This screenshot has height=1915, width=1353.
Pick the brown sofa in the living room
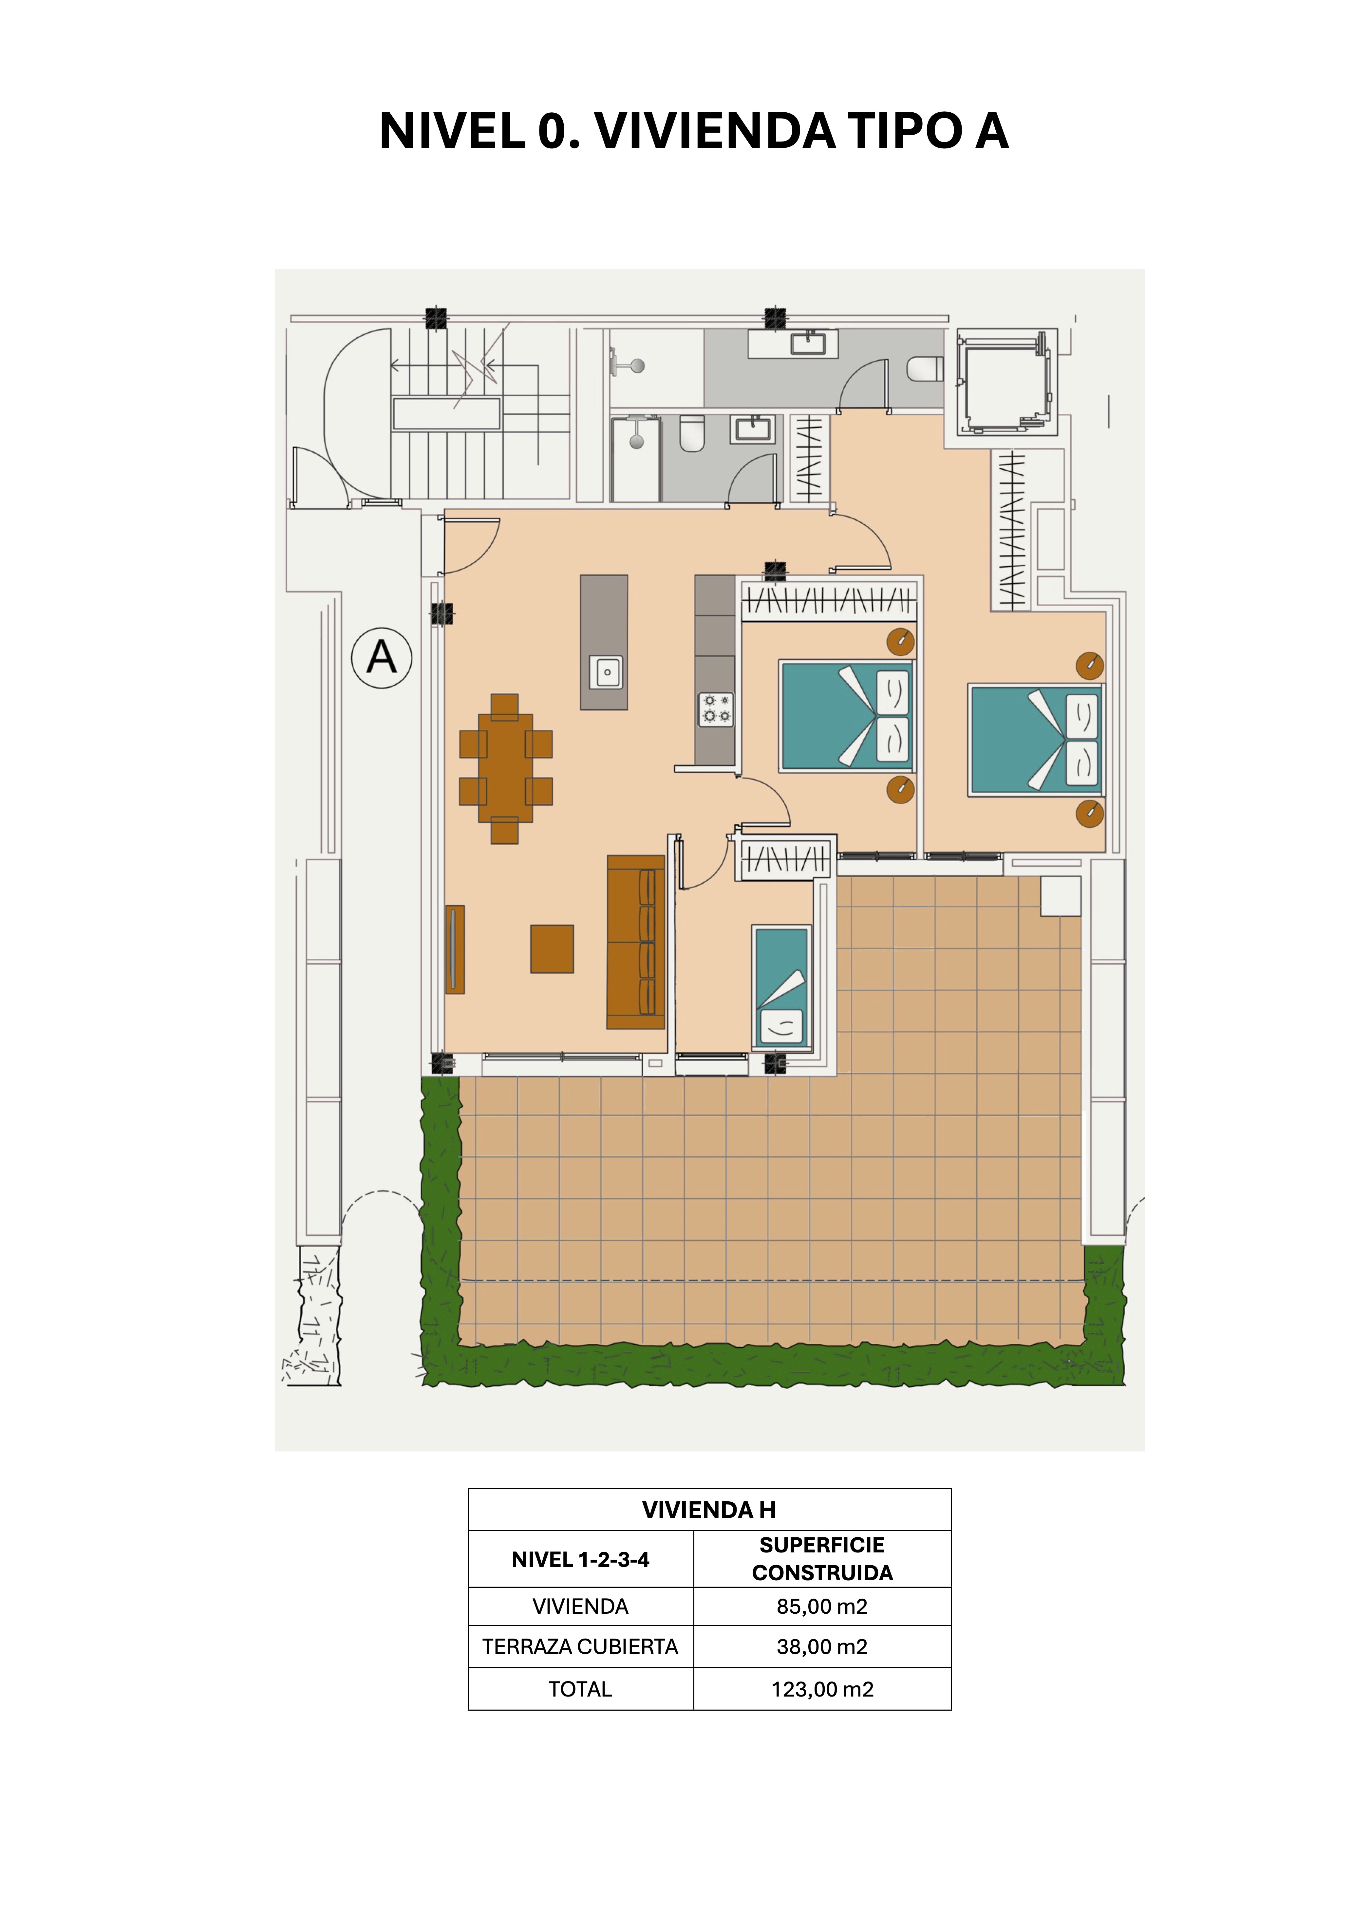pos(636,942)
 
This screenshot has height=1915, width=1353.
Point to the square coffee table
pos(552,948)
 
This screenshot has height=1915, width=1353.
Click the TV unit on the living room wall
pos(455,949)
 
